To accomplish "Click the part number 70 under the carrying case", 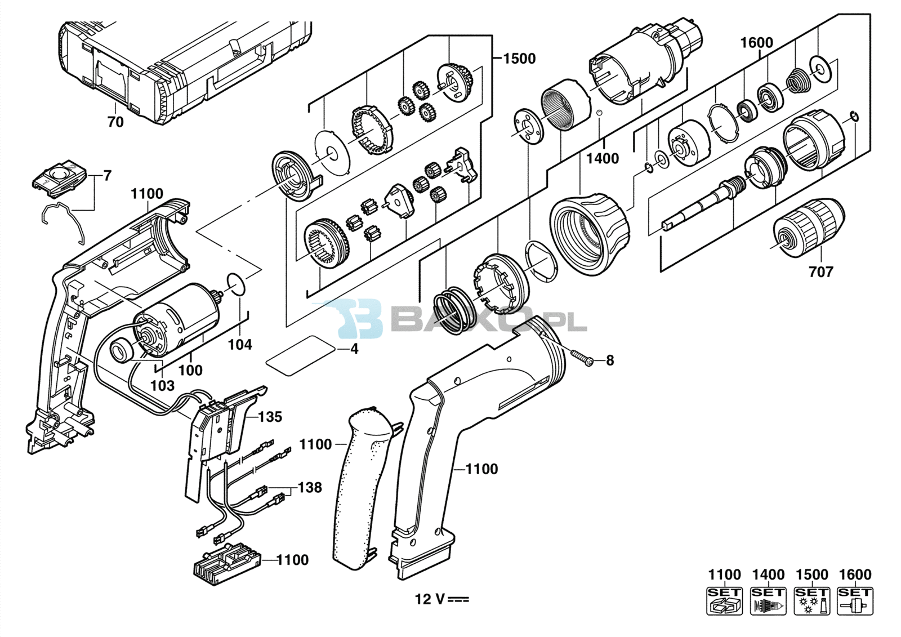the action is [x=115, y=122].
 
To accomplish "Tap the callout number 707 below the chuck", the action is [x=821, y=272].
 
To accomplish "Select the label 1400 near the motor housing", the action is [x=602, y=158].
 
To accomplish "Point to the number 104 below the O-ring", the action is [x=240, y=345].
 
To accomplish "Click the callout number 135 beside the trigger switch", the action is [x=270, y=417].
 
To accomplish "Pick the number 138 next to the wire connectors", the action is [x=310, y=487].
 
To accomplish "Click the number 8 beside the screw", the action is [x=610, y=360].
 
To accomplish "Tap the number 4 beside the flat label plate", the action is [x=354, y=349].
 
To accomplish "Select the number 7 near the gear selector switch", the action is [x=107, y=176].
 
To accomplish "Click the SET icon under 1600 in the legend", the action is [x=855, y=601].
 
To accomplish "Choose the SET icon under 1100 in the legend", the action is [x=724, y=601].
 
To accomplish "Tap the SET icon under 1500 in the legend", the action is [x=811, y=601].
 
